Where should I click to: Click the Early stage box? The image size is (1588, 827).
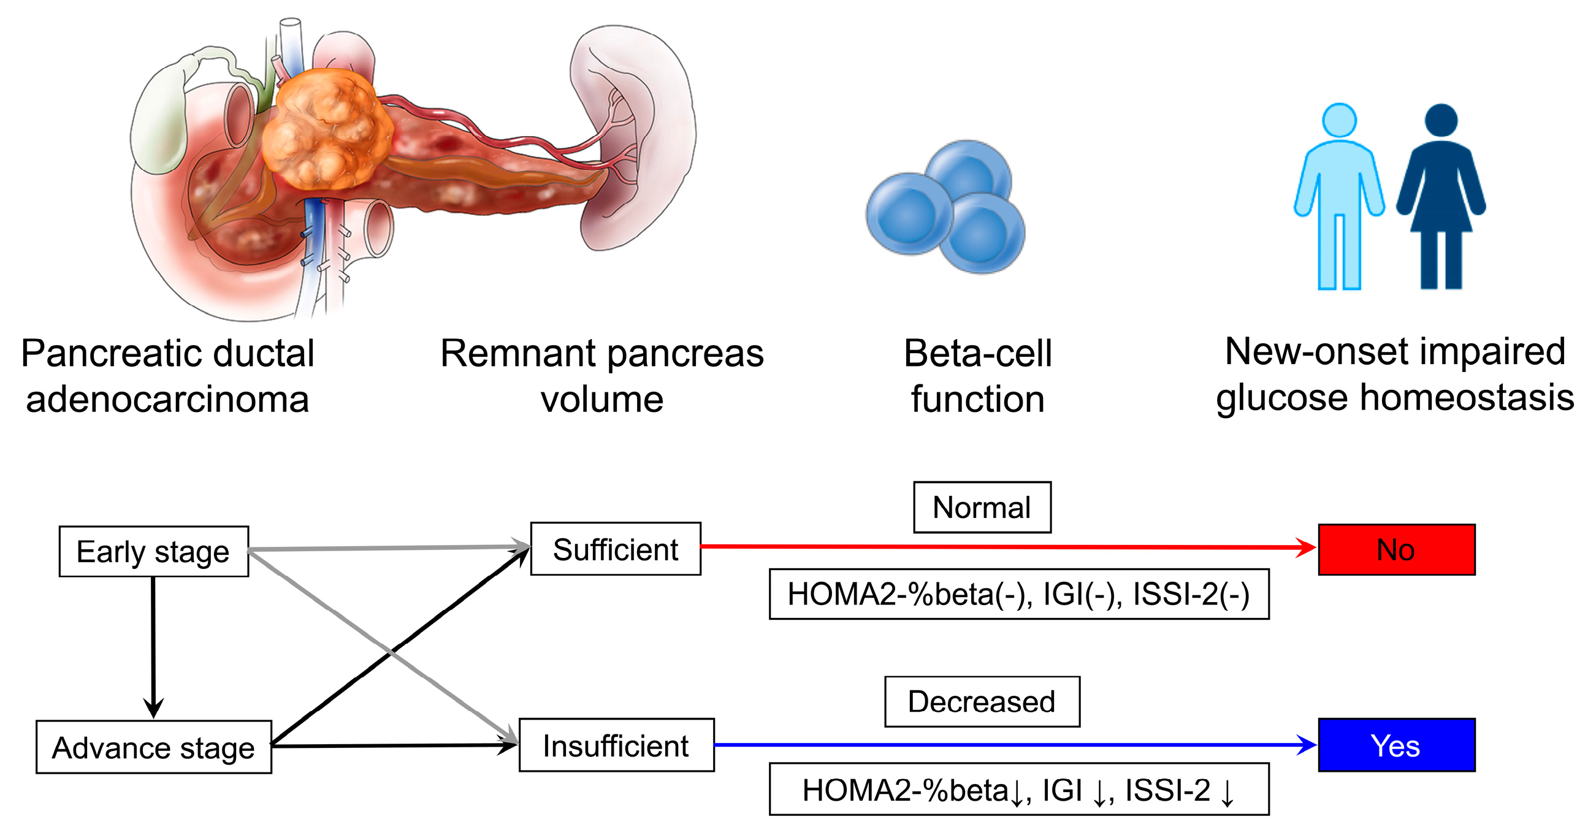[x=153, y=551]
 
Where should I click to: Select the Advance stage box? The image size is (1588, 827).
[x=153, y=747]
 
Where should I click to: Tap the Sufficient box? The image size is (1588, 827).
[x=615, y=549]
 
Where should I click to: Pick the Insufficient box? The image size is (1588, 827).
[x=616, y=744]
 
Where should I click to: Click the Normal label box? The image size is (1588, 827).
[x=982, y=507]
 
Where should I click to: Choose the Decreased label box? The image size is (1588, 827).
[x=982, y=701]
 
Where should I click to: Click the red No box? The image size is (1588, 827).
[x=1395, y=549]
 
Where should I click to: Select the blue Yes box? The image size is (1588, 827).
[x=1395, y=744]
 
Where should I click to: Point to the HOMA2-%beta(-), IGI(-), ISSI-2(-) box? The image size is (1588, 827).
[x=1018, y=593]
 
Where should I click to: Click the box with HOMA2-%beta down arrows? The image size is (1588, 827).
[x=1018, y=789]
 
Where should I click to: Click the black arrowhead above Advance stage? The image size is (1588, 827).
[x=153, y=707]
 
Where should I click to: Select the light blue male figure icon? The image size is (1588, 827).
[x=1339, y=191]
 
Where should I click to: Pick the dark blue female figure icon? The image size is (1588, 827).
[x=1441, y=191]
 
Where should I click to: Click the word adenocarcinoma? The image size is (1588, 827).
[x=167, y=399]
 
